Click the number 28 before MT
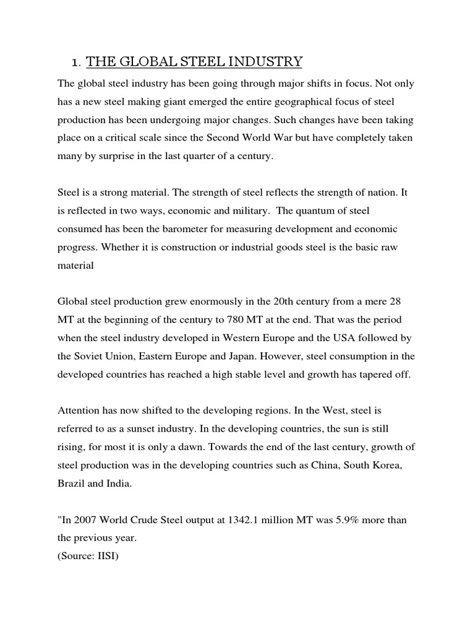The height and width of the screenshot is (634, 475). coord(398,302)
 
